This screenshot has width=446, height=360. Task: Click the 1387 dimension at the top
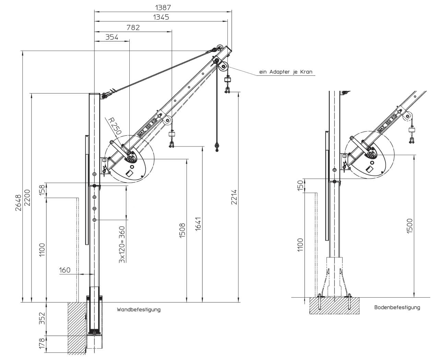click(x=163, y=7)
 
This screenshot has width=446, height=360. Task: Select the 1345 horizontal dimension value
click(x=161, y=17)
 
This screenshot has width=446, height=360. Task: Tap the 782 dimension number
click(x=133, y=27)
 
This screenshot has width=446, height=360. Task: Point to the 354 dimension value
click(x=112, y=37)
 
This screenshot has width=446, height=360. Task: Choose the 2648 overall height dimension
click(x=18, y=203)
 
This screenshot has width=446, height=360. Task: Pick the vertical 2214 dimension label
click(x=234, y=197)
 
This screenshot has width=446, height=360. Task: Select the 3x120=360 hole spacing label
click(x=122, y=244)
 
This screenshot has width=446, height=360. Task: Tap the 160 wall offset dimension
click(x=64, y=270)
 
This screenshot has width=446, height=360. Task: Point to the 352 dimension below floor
click(x=42, y=319)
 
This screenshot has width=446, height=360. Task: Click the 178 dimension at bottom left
click(x=42, y=344)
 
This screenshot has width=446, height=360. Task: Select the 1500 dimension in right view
click(x=410, y=226)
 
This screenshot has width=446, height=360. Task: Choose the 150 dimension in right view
click(x=301, y=186)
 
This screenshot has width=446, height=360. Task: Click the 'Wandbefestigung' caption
click(x=139, y=310)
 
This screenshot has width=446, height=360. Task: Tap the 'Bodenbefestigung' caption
click(x=397, y=308)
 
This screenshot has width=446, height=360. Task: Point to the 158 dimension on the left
click(x=42, y=191)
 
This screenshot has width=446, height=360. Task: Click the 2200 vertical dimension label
click(x=27, y=197)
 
